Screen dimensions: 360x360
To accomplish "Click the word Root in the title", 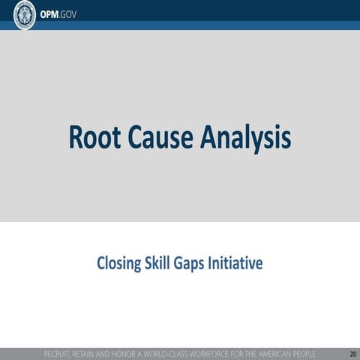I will pyautogui.click(x=92, y=138).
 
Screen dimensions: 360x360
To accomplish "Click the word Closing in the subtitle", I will pyautogui.click(x=118, y=264).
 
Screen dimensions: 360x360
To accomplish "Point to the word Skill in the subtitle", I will pyautogui.click(x=157, y=264).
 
